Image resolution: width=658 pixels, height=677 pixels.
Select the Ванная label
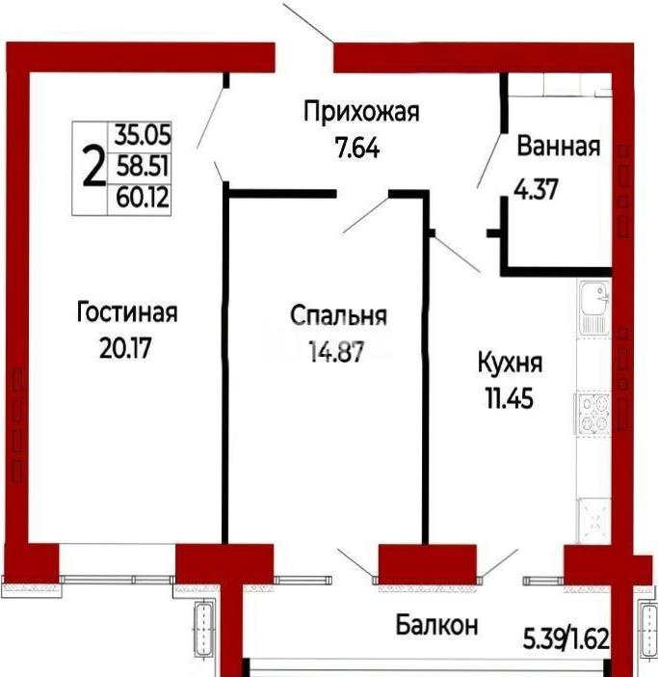click(x=559, y=148)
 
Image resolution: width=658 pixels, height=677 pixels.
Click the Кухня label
click(x=511, y=364)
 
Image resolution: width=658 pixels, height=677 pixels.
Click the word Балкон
click(x=436, y=625)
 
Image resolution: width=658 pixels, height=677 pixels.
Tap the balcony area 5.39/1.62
click(x=567, y=637)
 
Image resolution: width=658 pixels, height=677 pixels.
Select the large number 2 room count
click(x=93, y=169)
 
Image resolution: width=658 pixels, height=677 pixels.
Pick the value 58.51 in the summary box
click(x=142, y=167)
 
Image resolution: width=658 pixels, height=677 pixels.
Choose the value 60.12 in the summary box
click(x=142, y=199)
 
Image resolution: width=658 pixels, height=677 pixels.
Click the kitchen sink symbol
click(x=592, y=308)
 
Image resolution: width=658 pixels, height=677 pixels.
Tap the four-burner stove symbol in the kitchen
click(x=592, y=413)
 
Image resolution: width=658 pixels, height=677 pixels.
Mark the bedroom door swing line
click(x=365, y=214)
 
